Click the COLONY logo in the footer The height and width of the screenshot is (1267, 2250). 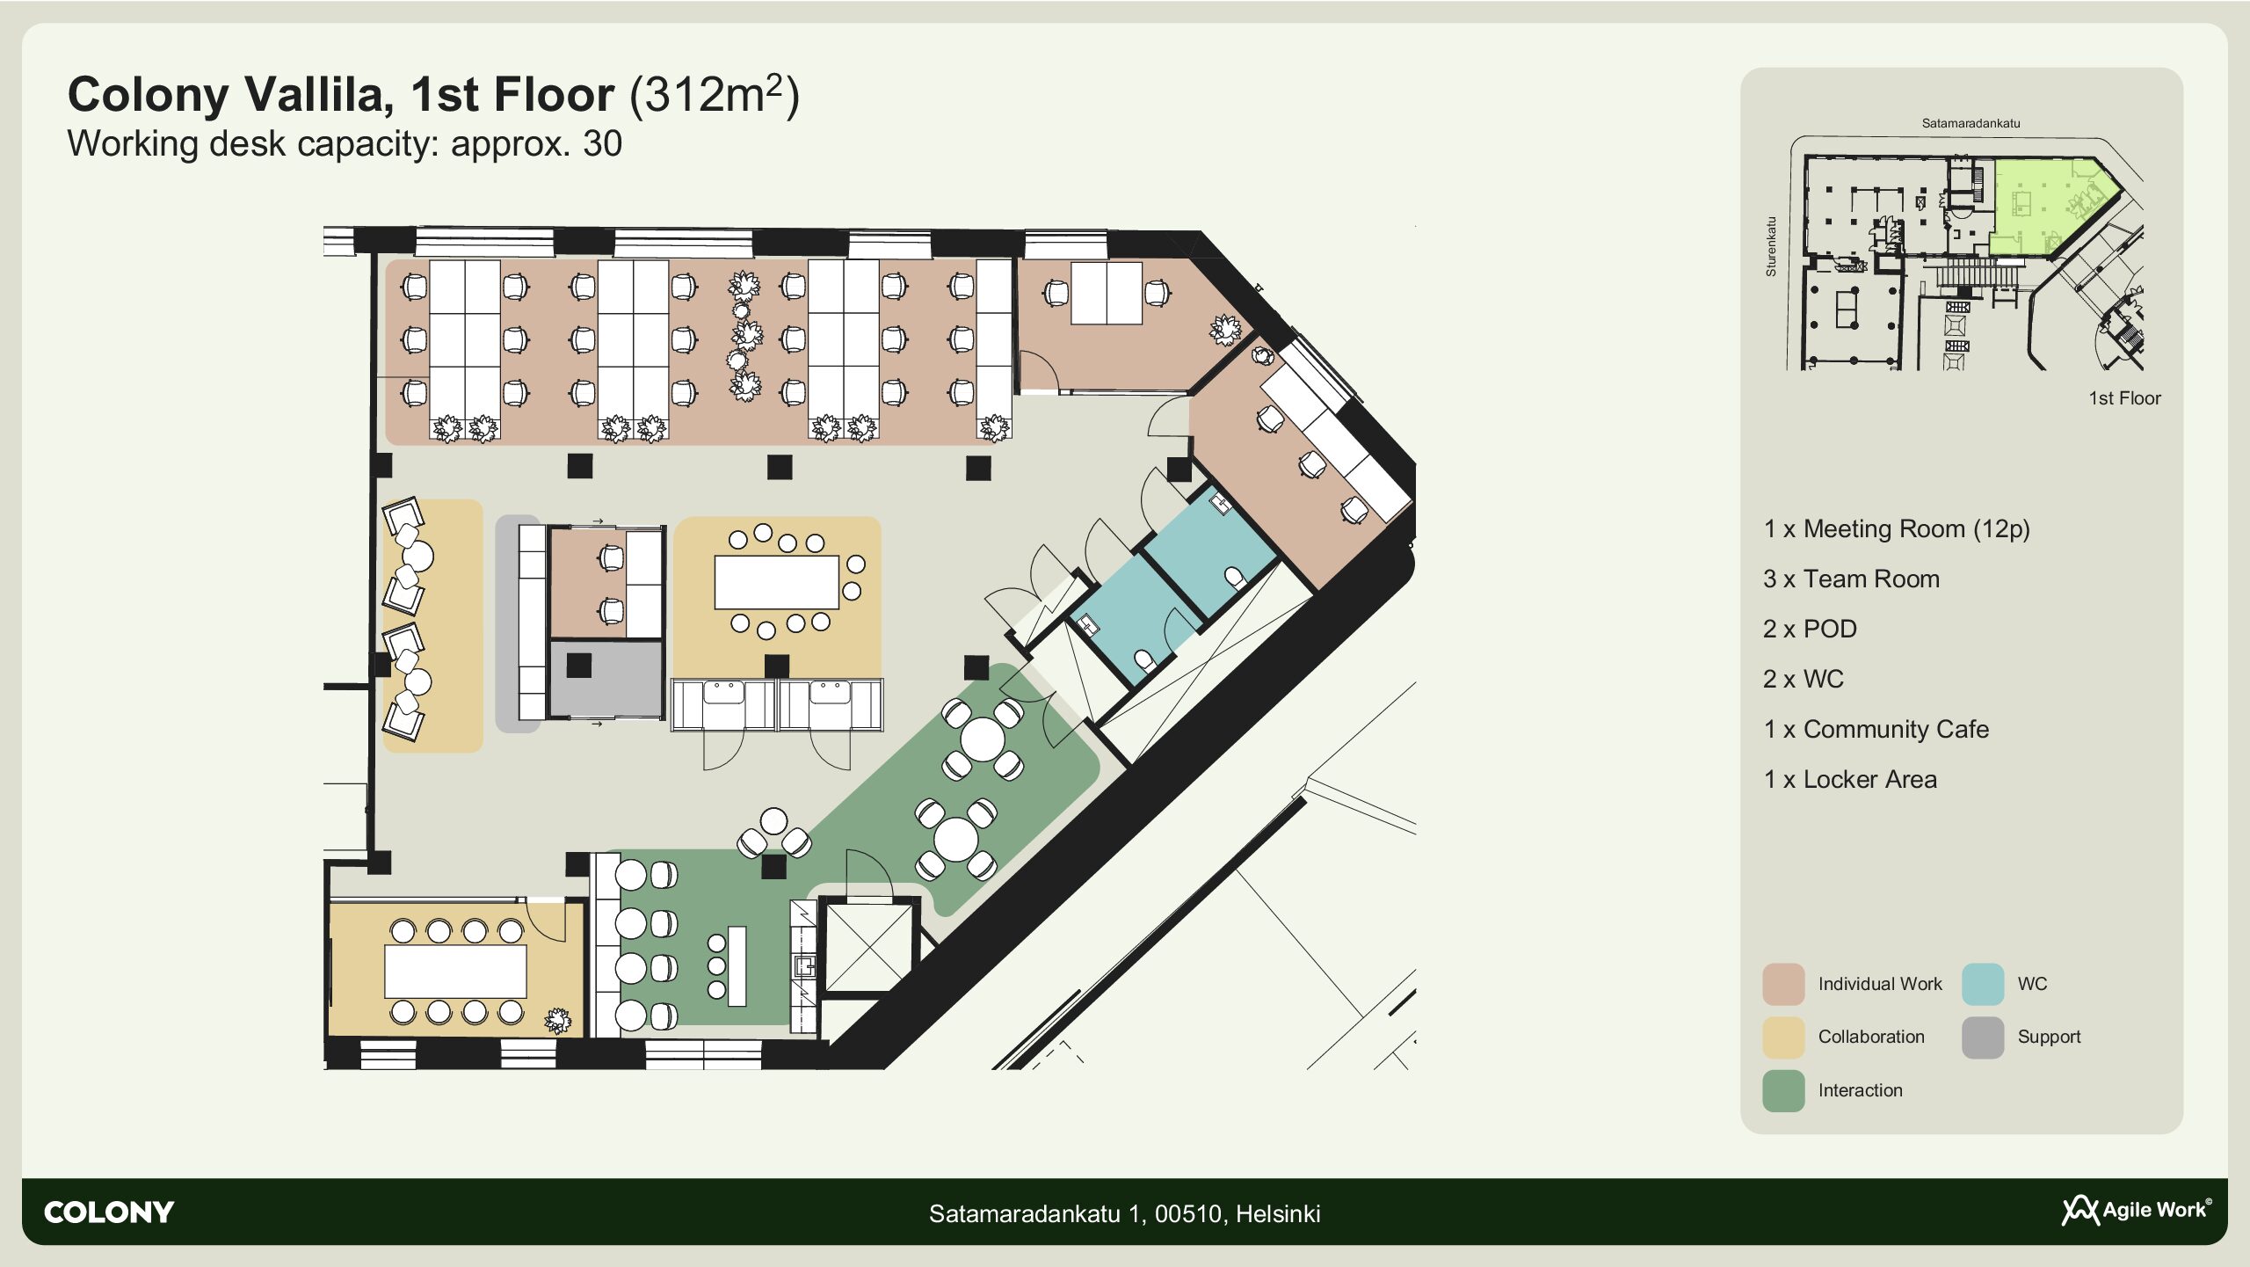pos(109,1212)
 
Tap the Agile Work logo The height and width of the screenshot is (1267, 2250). pos(2137,1210)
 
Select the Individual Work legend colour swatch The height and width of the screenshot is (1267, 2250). pos(1783,984)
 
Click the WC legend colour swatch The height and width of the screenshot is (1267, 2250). pos(1983,984)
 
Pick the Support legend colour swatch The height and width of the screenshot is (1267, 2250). pos(1983,1038)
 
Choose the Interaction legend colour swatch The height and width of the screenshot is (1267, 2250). pos(1783,1091)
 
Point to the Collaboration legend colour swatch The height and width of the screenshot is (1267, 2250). pos(1783,1038)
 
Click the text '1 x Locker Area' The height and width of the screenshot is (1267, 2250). pos(1850,779)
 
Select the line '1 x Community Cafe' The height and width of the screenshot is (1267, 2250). pos(1876,729)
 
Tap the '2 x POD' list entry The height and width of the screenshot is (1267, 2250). pos(1810,629)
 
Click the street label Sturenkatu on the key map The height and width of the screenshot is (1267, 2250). pos(1771,247)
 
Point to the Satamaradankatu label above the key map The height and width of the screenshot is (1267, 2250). pos(1971,123)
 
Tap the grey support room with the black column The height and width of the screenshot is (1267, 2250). pos(606,679)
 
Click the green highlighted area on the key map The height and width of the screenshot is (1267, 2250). pos(2048,204)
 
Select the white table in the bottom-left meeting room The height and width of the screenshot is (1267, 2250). pos(455,972)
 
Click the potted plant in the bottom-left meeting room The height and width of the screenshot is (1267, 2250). pos(557,1020)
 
